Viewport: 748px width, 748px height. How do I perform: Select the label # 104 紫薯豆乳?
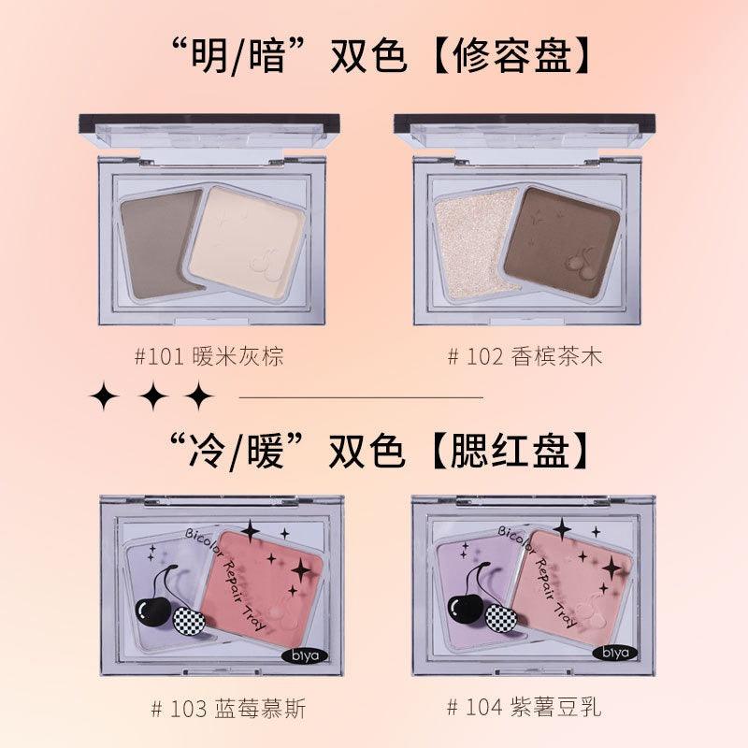point(525,708)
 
